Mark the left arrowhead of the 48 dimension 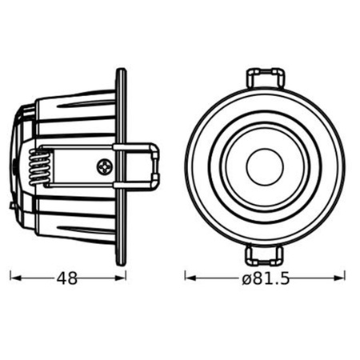coord(14,279)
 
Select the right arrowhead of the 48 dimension coord(122,279)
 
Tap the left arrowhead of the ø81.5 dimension coord(189,279)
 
